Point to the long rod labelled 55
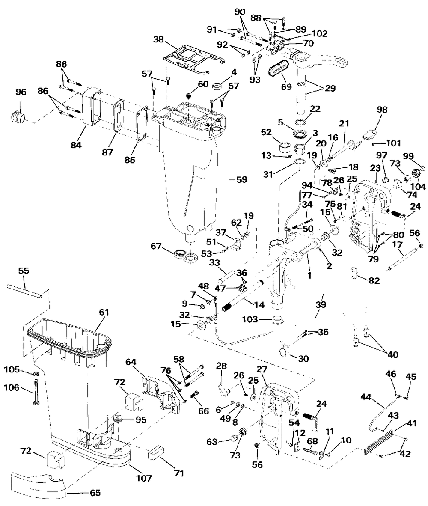point(25,290)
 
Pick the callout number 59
point(241,180)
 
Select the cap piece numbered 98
point(370,134)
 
